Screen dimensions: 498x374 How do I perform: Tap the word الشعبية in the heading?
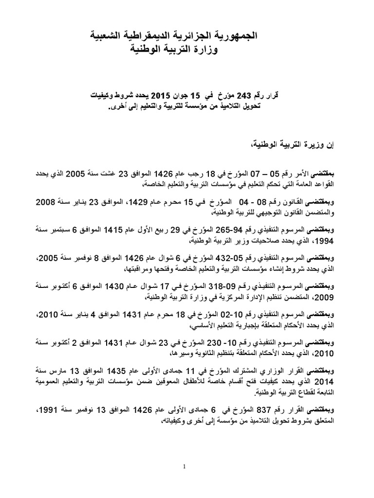click(x=114, y=36)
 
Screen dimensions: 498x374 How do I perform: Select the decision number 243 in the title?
click(x=228, y=96)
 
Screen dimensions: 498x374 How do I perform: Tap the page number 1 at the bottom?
click(x=187, y=466)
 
